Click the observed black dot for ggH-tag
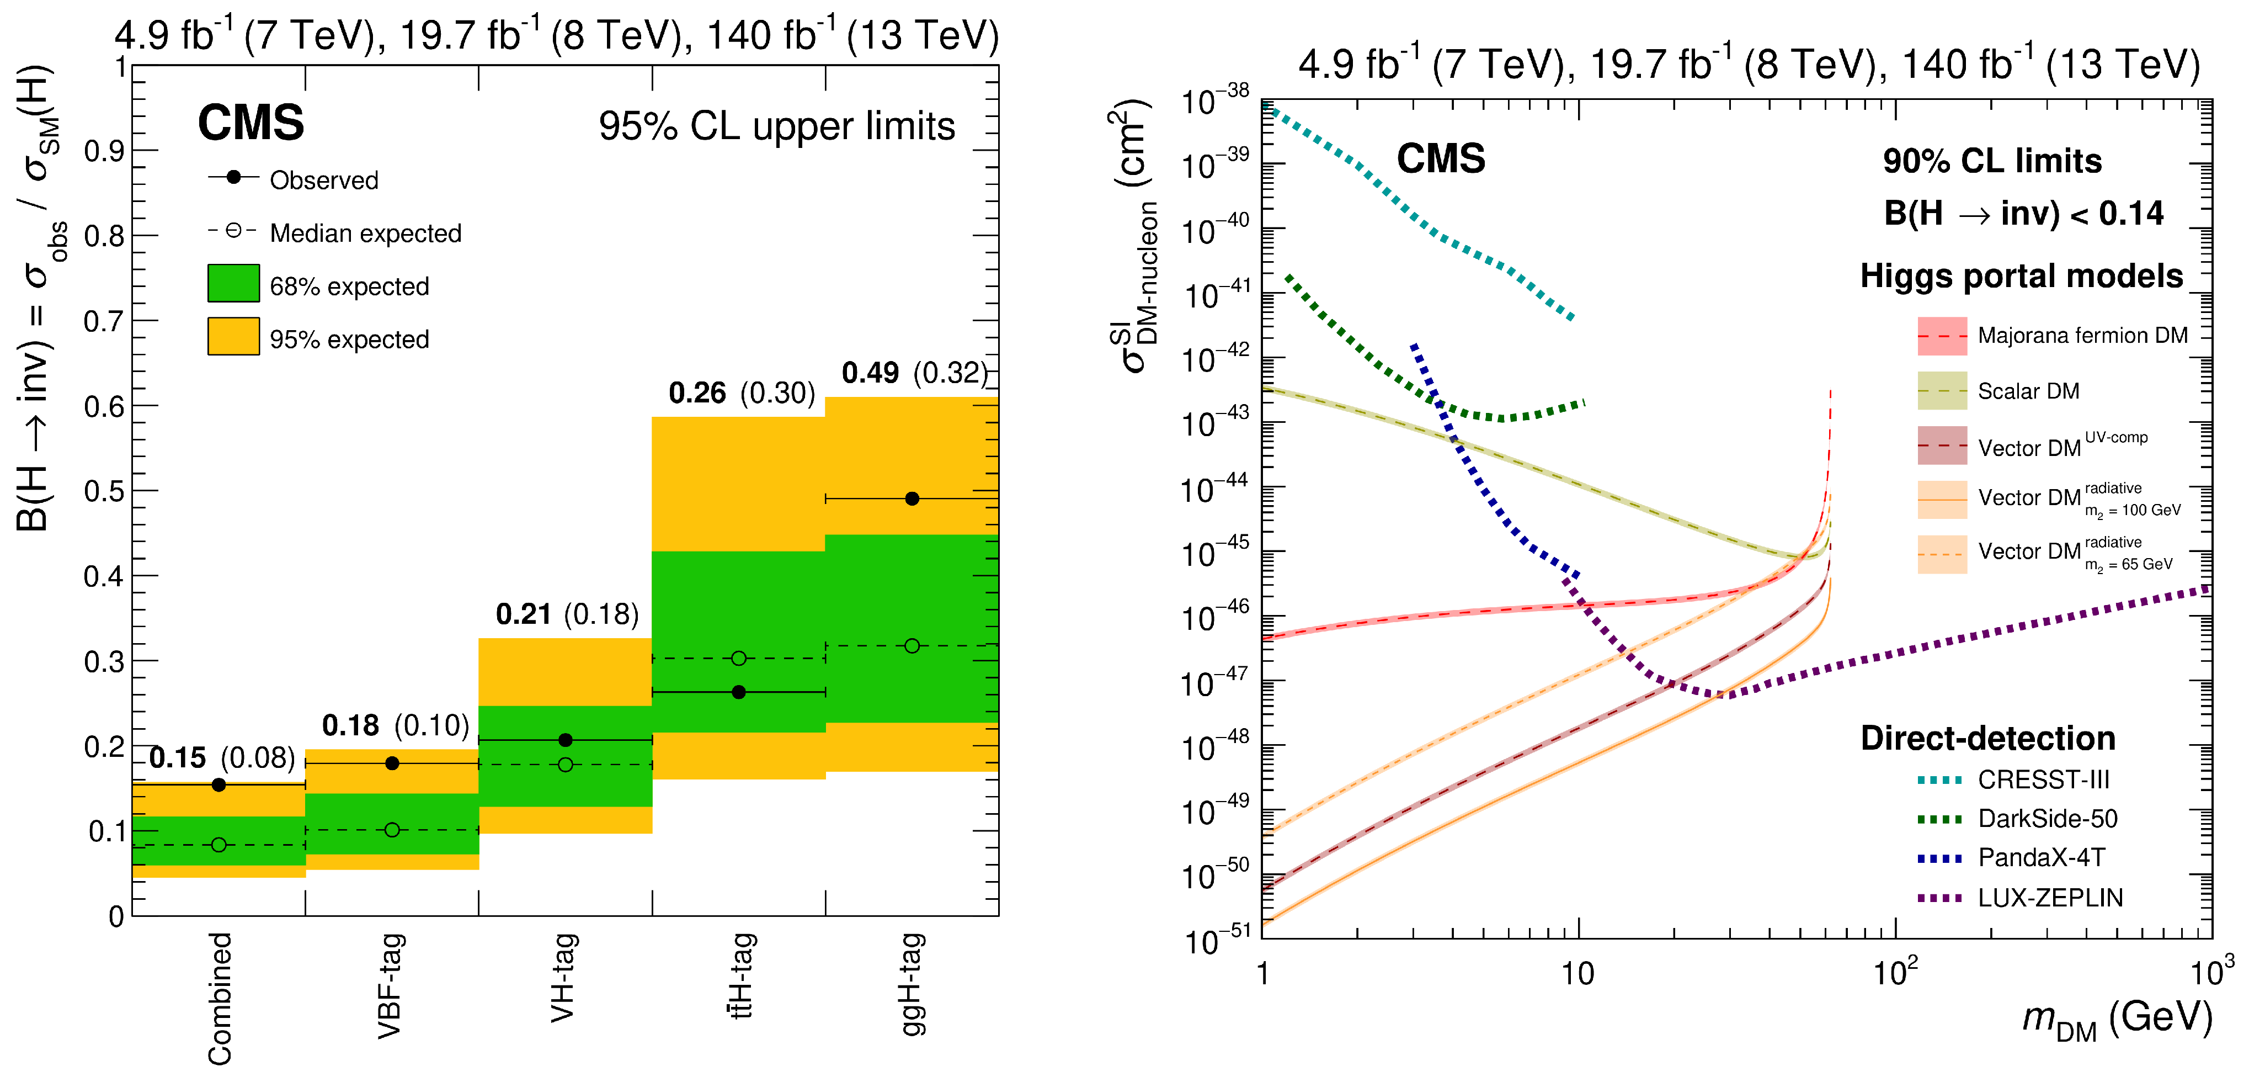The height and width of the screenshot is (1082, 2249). click(912, 498)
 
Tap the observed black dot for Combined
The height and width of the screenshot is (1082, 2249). click(219, 785)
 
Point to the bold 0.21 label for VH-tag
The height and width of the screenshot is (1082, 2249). click(523, 614)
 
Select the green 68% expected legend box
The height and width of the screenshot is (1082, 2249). click(233, 284)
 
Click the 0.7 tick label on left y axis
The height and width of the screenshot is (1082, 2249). click(103, 321)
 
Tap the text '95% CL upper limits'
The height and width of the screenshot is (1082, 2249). click(776, 126)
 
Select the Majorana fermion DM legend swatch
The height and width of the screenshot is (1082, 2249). click(1942, 336)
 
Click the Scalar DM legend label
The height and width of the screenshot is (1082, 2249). click(2028, 391)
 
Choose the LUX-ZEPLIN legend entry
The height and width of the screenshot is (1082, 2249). click(2049, 898)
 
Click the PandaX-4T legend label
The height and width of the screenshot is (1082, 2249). click(2041, 857)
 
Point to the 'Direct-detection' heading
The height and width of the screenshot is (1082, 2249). click(1987, 739)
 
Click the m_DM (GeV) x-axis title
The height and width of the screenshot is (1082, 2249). click(2117, 1019)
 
